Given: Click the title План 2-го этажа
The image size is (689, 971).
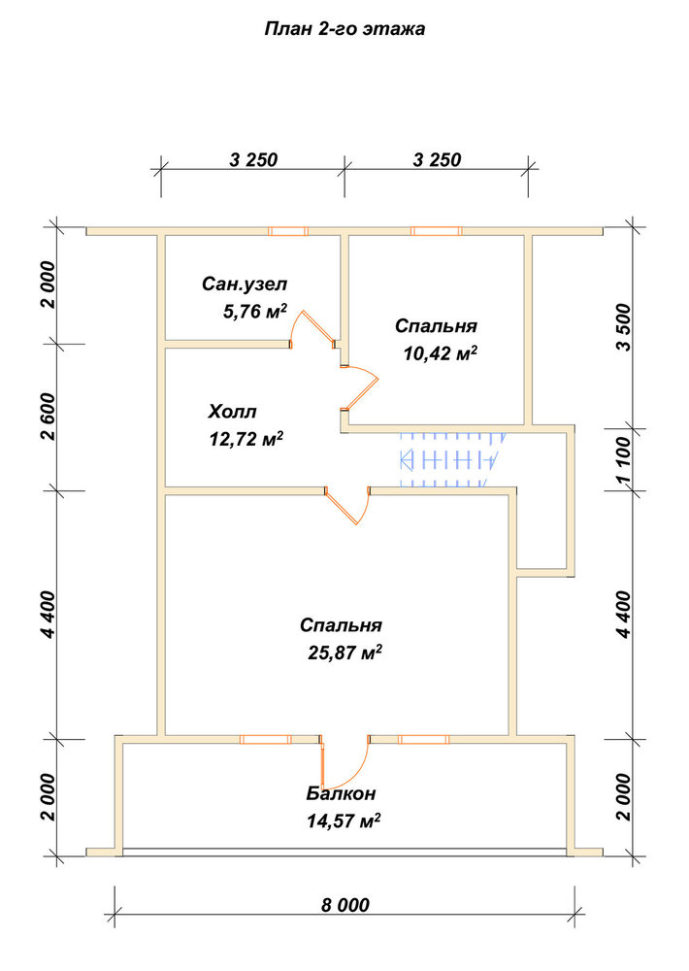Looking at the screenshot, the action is click(344, 29).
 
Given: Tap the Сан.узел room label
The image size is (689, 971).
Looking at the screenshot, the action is click(245, 285).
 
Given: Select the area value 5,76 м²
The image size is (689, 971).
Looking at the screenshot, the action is click(254, 312).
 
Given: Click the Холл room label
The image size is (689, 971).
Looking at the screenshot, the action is click(232, 411).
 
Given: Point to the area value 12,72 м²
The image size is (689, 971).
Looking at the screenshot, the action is click(246, 439).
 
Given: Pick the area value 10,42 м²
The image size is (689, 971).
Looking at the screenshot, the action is click(441, 353).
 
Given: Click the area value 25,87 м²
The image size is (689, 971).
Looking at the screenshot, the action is click(344, 653).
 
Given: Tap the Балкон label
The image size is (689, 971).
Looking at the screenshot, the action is click(341, 793).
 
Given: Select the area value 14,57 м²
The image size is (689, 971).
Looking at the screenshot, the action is click(344, 821).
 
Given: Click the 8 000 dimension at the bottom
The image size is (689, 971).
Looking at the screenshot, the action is click(345, 905).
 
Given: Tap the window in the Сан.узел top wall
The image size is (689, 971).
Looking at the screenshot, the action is click(288, 231).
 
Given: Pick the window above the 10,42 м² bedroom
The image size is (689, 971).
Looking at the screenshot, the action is click(437, 231).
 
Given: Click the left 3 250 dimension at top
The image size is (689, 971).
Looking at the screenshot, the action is click(253, 159).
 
